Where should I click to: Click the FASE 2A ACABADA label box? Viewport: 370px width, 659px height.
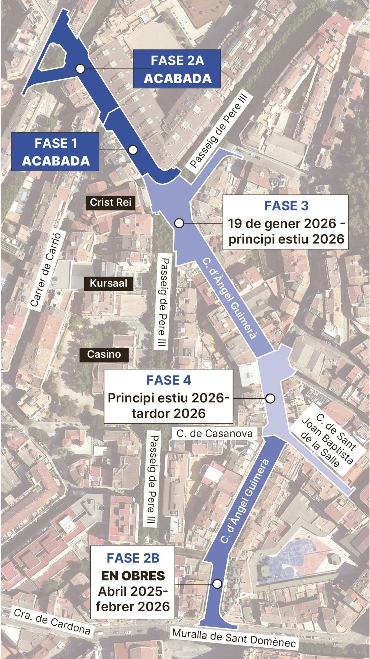pyautogui.click(x=177, y=69)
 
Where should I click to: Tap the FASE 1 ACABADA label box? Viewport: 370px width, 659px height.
pyautogui.click(x=55, y=152)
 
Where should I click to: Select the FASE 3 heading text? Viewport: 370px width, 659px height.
pyautogui.click(x=286, y=206)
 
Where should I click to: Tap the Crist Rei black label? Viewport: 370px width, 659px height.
pyautogui.click(x=111, y=202)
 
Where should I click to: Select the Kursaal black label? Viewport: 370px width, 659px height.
pyautogui.click(x=109, y=283)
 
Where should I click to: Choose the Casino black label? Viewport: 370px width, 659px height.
pyautogui.click(x=104, y=354)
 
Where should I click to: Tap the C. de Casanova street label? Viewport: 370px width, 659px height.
pyautogui.click(x=215, y=433)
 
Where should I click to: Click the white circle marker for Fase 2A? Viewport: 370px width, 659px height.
pyautogui.click(x=80, y=69)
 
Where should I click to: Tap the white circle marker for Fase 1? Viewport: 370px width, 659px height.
pyautogui.click(x=133, y=150)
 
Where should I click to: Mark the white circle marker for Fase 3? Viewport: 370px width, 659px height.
pyautogui.click(x=179, y=223)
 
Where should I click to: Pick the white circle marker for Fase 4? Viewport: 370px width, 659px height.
pyautogui.click(x=270, y=398)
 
